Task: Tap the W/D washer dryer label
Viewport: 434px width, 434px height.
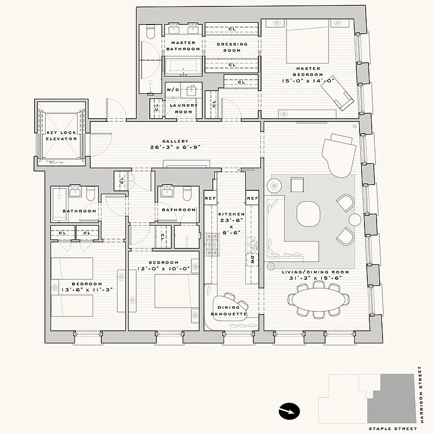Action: (x=173, y=90)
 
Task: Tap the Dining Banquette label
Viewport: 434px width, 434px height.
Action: (x=228, y=311)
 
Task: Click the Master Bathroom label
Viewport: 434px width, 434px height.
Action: (x=183, y=46)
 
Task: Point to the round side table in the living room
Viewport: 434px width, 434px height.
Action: (x=355, y=219)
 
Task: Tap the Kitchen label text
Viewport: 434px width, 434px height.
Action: (x=232, y=214)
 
